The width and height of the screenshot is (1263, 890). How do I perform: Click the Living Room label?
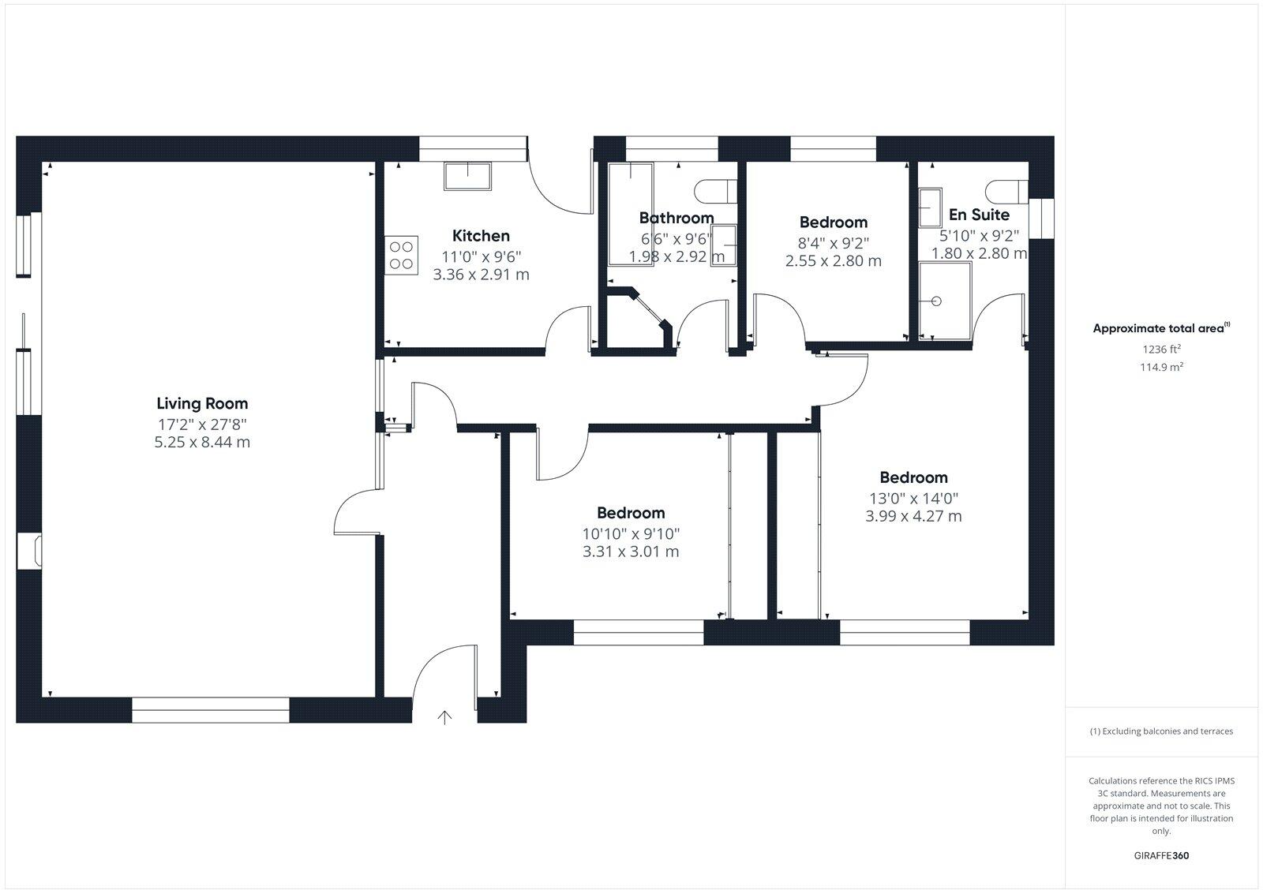click(202, 403)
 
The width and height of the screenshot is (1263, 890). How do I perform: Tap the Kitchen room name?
click(481, 235)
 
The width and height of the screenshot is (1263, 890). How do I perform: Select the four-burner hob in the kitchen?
click(401, 256)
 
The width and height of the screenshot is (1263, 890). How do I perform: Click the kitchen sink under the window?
click(467, 176)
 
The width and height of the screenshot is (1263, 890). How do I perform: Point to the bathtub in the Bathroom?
click(630, 213)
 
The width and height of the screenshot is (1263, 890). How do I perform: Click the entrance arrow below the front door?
click(445, 717)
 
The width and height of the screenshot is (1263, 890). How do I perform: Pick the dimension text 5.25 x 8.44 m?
click(202, 442)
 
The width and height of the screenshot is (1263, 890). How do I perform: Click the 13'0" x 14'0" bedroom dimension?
click(913, 498)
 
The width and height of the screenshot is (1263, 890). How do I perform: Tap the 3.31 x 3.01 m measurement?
click(631, 552)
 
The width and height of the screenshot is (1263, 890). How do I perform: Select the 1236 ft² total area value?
click(1161, 349)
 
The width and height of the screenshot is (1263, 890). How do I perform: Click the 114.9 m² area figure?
click(1161, 367)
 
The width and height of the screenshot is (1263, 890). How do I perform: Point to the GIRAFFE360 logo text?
click(1161, 855)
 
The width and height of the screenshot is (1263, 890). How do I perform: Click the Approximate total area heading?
click(1158, 328)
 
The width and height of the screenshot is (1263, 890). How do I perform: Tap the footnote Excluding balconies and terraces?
click(1161, 731)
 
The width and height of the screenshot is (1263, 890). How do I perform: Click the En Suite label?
click(979, 215)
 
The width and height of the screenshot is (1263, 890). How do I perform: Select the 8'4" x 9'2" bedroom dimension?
click(833, 243)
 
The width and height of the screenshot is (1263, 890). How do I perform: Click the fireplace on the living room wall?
click(32, 551)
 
